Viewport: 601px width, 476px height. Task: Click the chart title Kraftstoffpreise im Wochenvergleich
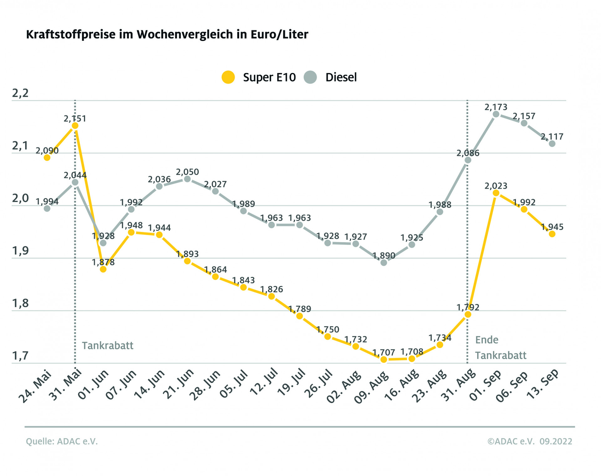tap(167, 34)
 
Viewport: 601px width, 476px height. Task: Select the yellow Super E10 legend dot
tap(228, 77)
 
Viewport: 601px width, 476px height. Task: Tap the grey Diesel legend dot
tap(310, 77)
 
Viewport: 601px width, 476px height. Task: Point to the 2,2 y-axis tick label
tap(20, 93)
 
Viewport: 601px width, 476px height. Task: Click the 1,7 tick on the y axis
tap(20, 356)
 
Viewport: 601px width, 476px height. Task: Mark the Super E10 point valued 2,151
tap(75, 126)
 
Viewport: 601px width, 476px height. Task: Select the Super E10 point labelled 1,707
tap(384, 360)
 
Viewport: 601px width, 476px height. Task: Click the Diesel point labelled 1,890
tap(384, 263)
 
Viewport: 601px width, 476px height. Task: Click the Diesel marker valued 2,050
tap(187, 179)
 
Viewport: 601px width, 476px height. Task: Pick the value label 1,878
tap(103, 262)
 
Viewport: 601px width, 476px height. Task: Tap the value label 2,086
tap(468, 153)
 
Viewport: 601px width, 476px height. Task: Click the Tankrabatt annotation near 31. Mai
tap(107, 345)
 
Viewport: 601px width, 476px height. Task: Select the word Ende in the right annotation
tap(486, 340)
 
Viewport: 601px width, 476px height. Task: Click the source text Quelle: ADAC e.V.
tap(62, 441)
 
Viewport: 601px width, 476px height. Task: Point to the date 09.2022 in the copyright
tap(556, 441)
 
